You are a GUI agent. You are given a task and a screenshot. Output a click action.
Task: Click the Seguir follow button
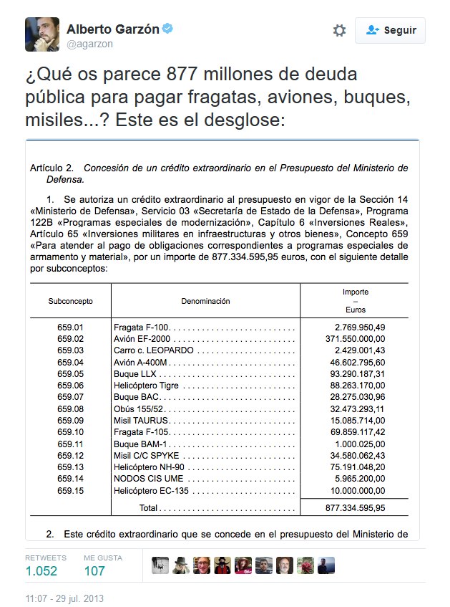point(390,30)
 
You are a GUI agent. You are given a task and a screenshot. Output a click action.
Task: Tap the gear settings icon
point(339,30)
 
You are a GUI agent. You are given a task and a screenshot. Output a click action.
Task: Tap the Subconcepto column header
point(70,301)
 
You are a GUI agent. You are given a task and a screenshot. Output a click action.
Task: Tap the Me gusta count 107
point(94,570)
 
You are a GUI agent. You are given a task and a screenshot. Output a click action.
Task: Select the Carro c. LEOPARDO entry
point(153,350)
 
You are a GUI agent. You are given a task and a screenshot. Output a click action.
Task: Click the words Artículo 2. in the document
point(52,168)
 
